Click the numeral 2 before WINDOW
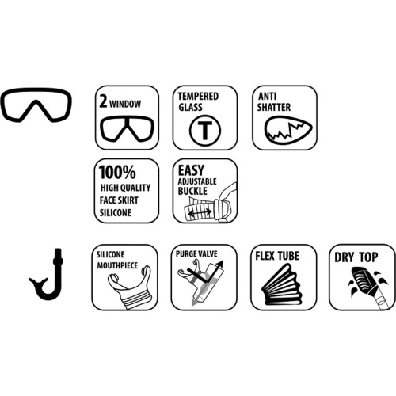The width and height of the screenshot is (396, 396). point(103,101)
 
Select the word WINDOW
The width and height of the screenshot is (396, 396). point(125,104)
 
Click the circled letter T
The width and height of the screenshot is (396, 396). point(205,131)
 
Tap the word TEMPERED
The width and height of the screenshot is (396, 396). point(198,97)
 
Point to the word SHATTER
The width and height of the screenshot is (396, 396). point(274,107)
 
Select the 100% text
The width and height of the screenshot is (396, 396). point(117,172)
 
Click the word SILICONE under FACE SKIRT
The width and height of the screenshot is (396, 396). point(116,212)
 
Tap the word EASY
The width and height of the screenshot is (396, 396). point(191,170)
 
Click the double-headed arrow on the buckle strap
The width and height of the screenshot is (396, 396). point(200,212)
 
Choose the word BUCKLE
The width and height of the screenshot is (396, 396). point(192,191)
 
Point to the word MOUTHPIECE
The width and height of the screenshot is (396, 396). point(117,265)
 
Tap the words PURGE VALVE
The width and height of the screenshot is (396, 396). point(196,254)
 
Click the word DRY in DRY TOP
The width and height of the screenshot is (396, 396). point(343,257)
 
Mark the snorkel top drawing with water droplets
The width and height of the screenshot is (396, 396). point(367,284)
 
